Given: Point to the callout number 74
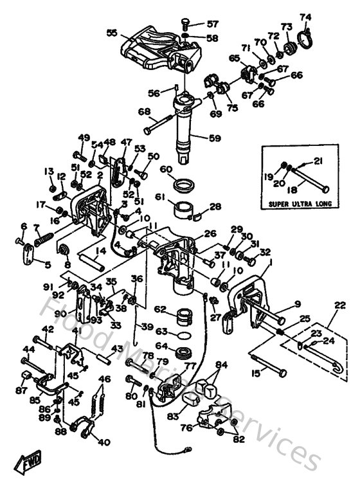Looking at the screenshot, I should (306, 16).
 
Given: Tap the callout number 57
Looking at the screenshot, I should (213, 24).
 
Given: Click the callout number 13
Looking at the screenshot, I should (49, 171).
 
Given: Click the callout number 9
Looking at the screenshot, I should (297, 304).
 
